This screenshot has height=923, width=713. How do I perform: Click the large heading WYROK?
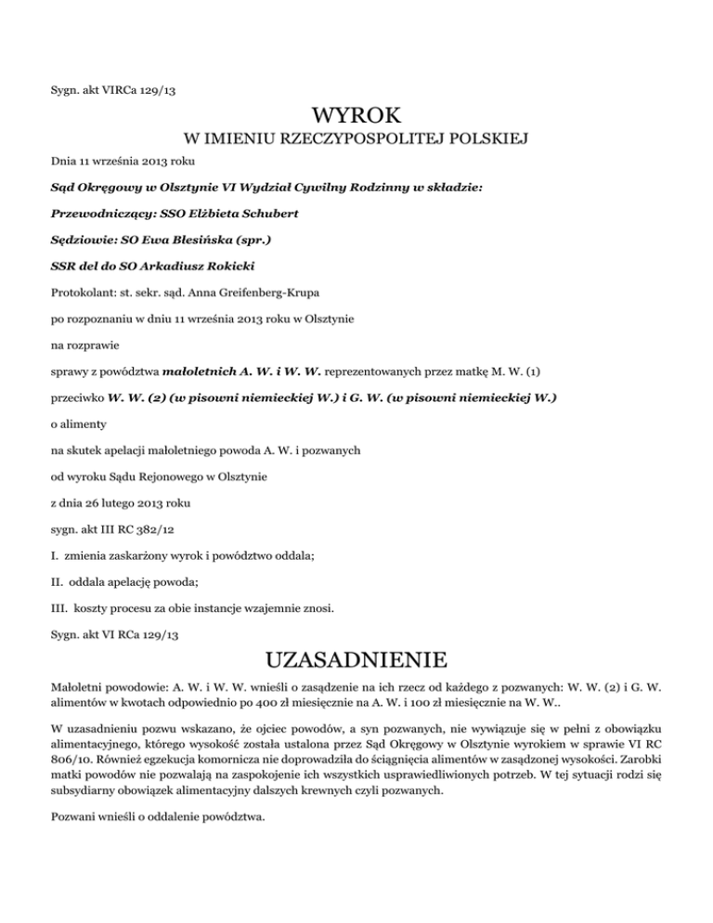click(x=356, y=117)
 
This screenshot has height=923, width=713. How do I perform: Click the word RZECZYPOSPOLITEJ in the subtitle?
click(x=352, y=141)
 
